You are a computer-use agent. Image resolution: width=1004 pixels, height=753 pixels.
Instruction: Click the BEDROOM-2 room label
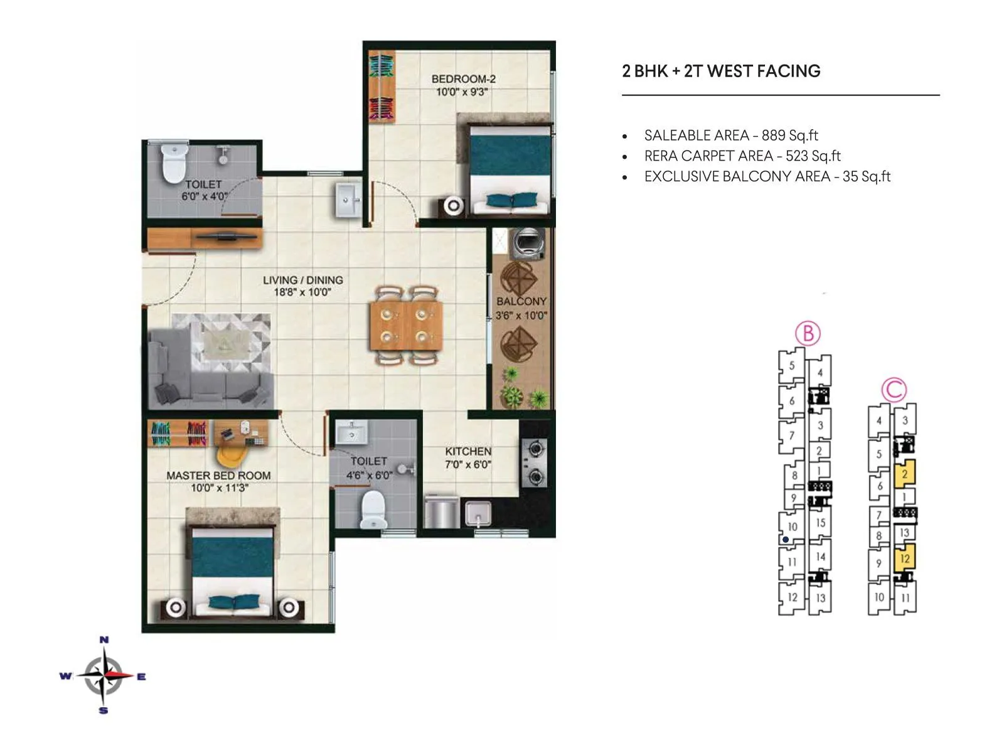[x=463, y=78]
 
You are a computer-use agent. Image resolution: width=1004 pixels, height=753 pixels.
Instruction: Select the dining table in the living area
[x=406, y=324]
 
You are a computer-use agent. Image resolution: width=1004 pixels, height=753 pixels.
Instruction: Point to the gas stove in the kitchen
[x=534, y=462]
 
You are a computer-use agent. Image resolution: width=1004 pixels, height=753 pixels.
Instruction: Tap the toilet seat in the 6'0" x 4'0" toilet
[x=174, y=163]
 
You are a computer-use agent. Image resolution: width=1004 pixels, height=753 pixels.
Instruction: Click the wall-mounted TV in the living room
[x=223, y=237]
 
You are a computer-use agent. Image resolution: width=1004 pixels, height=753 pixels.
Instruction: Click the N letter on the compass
[x=104, y=639]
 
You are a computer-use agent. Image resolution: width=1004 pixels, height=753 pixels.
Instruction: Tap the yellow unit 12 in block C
[x=904, y=558]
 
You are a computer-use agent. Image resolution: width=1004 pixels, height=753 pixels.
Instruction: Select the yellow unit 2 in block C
[x=904, y=473]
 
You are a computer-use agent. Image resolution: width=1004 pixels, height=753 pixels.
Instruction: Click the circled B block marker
[x=808, y=333]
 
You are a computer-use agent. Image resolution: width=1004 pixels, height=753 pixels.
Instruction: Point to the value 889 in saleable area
[x=773, y=136]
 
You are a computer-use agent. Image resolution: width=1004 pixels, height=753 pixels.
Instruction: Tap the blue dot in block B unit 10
[x=786, y=540]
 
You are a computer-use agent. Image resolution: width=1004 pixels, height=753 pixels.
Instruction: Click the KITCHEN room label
[x=468, y=451]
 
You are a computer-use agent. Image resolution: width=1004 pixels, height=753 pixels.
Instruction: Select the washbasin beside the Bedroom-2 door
[x=348, y=200]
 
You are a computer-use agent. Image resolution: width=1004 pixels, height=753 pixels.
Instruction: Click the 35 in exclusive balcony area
[x=850, y=176]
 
